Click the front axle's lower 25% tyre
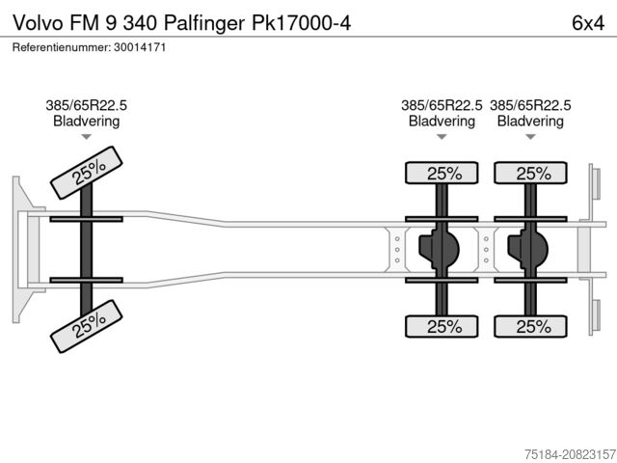(88, 327)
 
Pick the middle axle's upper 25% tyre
(443, 174)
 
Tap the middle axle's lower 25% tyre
(443, 326)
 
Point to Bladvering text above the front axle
(86, 122)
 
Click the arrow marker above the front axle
(86, 137)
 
